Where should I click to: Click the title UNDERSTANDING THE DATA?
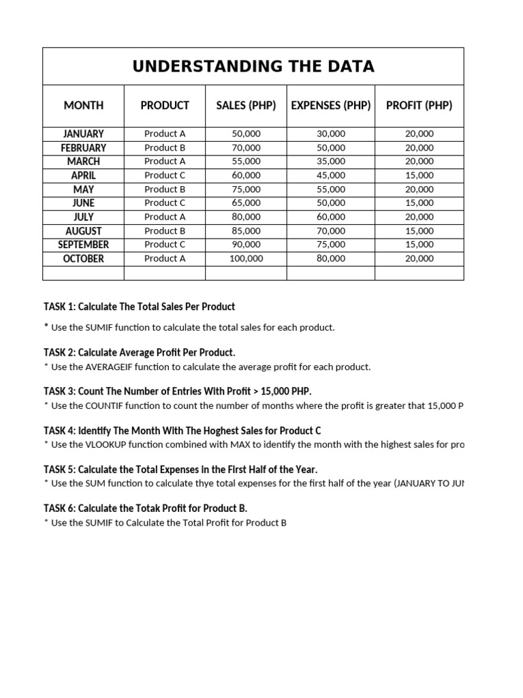253,66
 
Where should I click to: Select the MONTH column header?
84,105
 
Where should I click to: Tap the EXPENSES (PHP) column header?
330,105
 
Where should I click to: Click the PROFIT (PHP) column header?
419,105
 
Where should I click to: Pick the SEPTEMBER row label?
84,245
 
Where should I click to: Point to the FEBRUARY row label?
84,148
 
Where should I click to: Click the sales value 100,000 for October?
246,258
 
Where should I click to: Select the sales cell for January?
246,134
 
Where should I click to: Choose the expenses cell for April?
331,175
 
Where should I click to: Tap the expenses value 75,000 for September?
331,245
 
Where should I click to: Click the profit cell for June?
419,203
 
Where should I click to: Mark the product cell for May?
165,189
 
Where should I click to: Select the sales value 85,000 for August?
246,231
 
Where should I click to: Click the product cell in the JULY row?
165,217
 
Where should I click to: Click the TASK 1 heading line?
140,307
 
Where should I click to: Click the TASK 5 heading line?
180,470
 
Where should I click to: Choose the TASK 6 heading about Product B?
145,509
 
